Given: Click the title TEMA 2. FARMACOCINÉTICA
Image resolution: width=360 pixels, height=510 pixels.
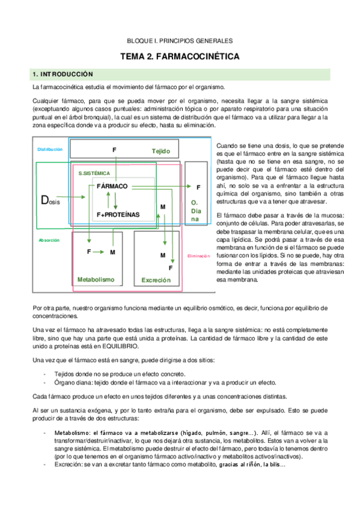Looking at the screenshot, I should (180, 57).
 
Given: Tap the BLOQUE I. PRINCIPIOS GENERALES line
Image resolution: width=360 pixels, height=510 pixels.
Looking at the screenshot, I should (180, 41).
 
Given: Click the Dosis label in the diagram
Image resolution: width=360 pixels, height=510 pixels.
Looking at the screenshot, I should (49, 200).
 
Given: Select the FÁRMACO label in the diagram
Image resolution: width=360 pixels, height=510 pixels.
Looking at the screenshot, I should (112, 186).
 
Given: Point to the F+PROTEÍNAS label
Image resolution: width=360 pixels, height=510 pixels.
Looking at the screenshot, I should (118, 214).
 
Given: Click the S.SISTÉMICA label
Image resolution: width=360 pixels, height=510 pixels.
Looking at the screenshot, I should (94, 173).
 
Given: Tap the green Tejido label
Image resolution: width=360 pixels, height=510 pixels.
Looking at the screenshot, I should (161, 151).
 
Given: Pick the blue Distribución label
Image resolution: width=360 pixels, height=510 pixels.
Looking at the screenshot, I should (50, 149).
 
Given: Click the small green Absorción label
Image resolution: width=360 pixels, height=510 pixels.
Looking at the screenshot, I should (49, 240).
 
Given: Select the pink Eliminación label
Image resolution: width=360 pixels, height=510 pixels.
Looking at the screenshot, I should (198, 256).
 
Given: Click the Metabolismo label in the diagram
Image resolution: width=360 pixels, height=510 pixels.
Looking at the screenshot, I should (96, 280).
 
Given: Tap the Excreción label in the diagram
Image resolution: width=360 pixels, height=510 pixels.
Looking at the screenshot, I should (156, 280).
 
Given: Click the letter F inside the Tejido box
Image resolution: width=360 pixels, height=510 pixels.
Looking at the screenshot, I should (114, 149).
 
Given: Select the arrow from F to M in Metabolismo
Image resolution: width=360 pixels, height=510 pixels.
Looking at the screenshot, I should (100, 251).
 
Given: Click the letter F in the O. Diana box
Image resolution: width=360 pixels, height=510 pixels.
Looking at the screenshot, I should (198, 188).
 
